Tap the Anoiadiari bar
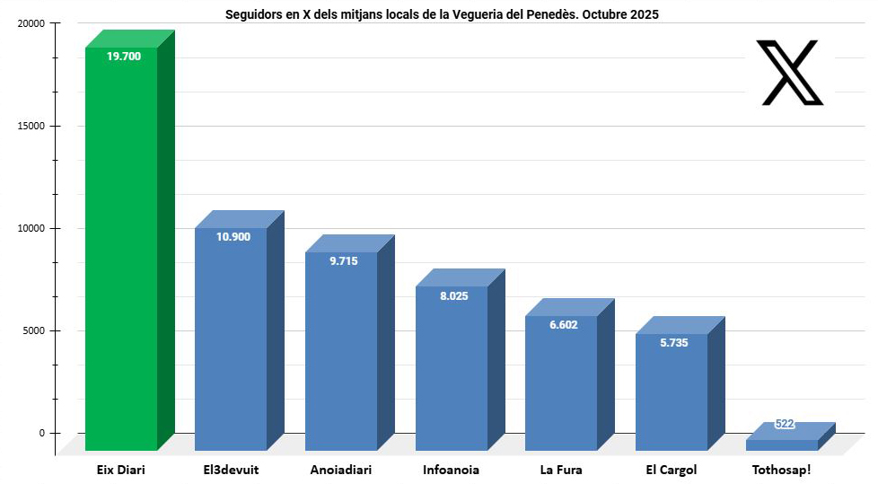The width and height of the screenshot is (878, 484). click(341, 359)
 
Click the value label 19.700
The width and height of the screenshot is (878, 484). click(123, 56)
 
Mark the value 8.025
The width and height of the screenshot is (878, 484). click(453, 295)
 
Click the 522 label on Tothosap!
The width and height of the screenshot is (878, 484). click(785, 424)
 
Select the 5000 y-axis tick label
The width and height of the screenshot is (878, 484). click(32, 330)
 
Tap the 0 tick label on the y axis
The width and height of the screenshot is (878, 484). click(41, 433)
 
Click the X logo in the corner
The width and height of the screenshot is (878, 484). click(790, 73)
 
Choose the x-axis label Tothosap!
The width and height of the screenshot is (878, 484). click(781, 470)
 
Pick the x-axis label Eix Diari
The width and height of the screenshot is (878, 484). click(120, 470)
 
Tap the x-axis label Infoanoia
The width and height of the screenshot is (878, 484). click(451, 470)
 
